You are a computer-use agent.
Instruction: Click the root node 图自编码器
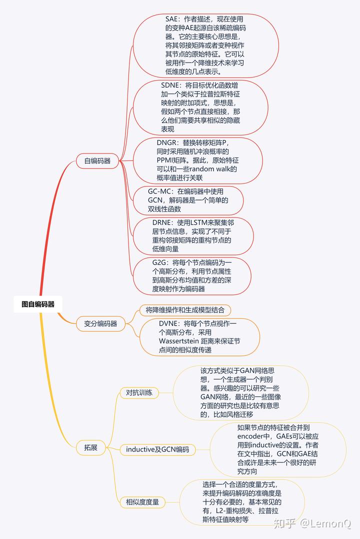(x=38, y=303)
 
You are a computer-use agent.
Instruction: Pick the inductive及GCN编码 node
(x=157, y=449)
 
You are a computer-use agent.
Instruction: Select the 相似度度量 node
(x=142, y=501)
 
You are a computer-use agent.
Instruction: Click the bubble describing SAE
(x=206, y=45)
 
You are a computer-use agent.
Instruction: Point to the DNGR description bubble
(x=197, y=160)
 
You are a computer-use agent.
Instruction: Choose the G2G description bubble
(x=192, y=275)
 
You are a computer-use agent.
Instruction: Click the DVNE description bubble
(x=200, y=337)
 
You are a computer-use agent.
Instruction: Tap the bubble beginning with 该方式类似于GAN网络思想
(x=240, y=392)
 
